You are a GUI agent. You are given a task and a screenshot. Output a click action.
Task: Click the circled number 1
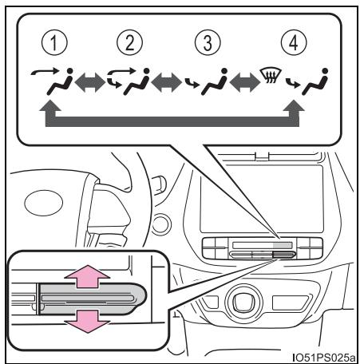tap(54, 43)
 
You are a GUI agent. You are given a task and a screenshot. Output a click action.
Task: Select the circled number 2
tap(129, 43)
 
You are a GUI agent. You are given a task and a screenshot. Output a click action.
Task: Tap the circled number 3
tap(208, 43)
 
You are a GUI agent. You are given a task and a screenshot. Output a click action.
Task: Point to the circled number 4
tap(294, 43)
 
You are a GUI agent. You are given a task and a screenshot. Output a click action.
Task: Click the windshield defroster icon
tap(271, 75)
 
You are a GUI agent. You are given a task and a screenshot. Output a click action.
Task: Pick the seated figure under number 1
tap(60, 82)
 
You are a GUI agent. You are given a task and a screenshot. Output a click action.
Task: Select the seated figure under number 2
tap(136, 82)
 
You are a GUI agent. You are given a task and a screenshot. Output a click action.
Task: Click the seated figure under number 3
tap(215, 82)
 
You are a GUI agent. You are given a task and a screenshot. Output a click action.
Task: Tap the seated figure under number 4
tap(315, 82)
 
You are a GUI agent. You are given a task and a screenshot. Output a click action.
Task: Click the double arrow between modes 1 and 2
tap(90, 82)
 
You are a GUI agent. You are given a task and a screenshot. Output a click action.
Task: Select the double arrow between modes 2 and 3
tap(167, 82)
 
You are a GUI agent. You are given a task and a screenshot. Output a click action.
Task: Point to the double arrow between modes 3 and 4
tap(245, 82)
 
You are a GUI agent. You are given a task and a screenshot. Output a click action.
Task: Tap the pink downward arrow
tap(87, 321)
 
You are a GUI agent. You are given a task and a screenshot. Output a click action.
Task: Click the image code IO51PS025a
tap(323, 357)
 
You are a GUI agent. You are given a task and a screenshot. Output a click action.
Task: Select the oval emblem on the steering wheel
tap(44, 203)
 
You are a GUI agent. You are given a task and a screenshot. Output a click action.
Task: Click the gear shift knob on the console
tap(243, 301)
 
